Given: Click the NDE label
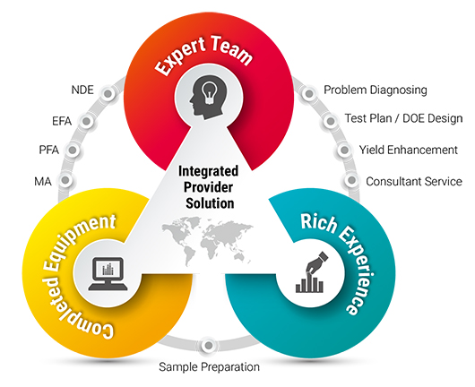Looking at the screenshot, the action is click(82, 90).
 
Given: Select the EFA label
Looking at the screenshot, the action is click(62, 121).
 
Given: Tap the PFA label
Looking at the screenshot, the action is click(48, 150).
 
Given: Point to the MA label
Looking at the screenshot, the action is click(43, 182).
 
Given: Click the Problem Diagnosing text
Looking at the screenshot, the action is click(376, 90).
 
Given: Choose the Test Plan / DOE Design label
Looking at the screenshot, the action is click(404, 118).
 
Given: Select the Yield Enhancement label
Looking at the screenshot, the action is click(409, 150).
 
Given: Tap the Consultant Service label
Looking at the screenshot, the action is click(414, 181).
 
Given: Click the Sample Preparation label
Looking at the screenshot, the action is click(210, 366).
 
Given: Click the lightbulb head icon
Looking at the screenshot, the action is click(209, 96).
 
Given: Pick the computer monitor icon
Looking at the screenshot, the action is click(108, 274).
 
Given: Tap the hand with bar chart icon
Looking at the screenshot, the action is click(311, 272).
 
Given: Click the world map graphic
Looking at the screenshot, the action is click(208, 241).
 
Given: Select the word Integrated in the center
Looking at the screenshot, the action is click(208, 171).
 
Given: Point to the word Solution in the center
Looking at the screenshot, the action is click(210, 203).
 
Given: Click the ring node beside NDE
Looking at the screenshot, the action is click(108, 93).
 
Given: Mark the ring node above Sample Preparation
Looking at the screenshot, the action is click(209, 345).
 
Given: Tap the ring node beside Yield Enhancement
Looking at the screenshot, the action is click(344, 150).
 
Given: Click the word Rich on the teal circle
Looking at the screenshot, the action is click(319, 222).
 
